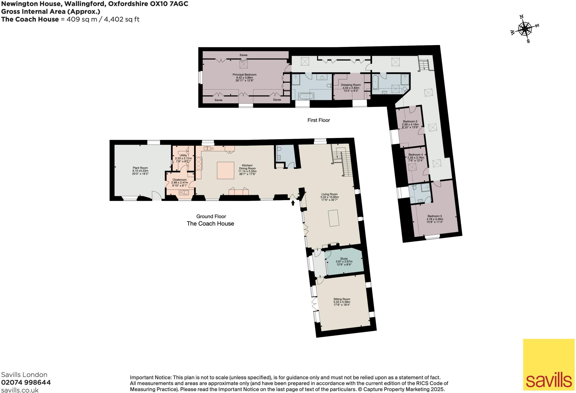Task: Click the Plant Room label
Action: tap(140, 171)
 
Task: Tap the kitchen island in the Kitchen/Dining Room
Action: tap(226, 170)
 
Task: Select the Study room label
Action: tap(344, 261)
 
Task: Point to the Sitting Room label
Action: tap(342, 302)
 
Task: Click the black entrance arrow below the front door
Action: tap(293, 203)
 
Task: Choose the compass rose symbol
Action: tap(525, 29)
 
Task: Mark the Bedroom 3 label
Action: tap(435, 219)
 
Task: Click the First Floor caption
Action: tap(318, 120)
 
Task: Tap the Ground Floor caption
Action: tap(211, 216)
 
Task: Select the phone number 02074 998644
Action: tap(26, 382)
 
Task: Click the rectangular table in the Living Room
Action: tap(334, 218)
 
